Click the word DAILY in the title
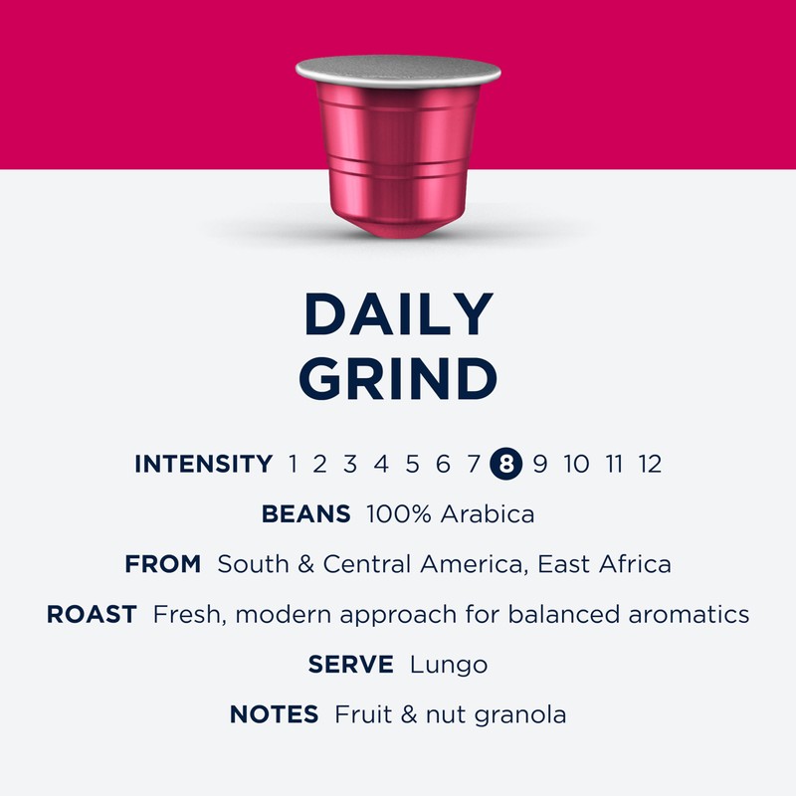click(398, 314)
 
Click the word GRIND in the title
click(398, 378)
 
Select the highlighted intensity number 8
click(506, 463)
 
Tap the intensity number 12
click(650, 463)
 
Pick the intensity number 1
click(294, 463)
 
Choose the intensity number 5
click(413, 463)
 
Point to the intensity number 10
click(576, 463)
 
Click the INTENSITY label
click(203, 463)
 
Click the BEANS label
click(305, 514)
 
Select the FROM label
click(163, 564)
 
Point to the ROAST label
click(92, 614)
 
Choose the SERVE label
click(351, 664)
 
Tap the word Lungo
click(449, 664)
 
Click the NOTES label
click(274, 713)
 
